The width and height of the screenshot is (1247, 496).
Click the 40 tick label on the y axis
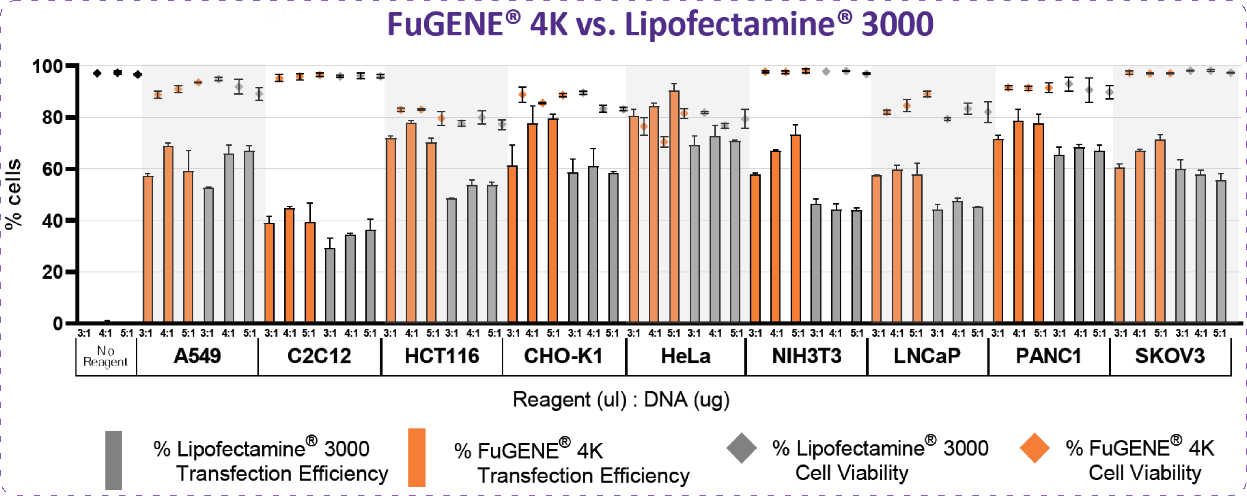(x=52, y=221)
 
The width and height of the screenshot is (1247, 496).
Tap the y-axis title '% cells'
(x=14, y=194)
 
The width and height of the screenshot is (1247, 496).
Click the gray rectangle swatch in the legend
(x=113, y=460)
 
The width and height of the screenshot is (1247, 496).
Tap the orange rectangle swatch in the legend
(x=417, y=457)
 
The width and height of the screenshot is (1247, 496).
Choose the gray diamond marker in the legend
(x=741, y=448)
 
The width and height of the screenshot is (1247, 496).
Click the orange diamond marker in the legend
(x=1034, y=448)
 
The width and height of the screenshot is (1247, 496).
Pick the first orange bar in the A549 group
(x=148, y=249)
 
